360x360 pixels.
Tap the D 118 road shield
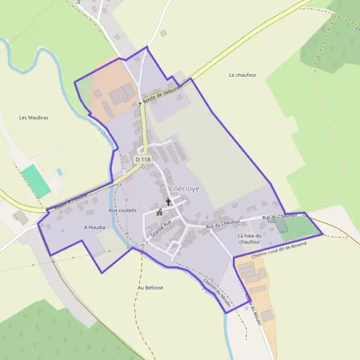[143, 160]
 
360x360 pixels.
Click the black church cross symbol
[169, 202]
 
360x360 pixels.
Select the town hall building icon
[160, 212]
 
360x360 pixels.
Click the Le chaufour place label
[244, 75]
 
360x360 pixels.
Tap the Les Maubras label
[34, 118]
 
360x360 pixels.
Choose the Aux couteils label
[123, 211]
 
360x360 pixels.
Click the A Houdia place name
[94, 228]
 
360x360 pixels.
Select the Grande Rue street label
[161, 227]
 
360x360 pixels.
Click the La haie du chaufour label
[250, 239]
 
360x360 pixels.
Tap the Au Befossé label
[150, 287]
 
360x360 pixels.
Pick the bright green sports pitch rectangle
[36, 181]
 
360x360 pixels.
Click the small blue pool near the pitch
[59, 172]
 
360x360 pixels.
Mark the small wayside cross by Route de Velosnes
[140, 103]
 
